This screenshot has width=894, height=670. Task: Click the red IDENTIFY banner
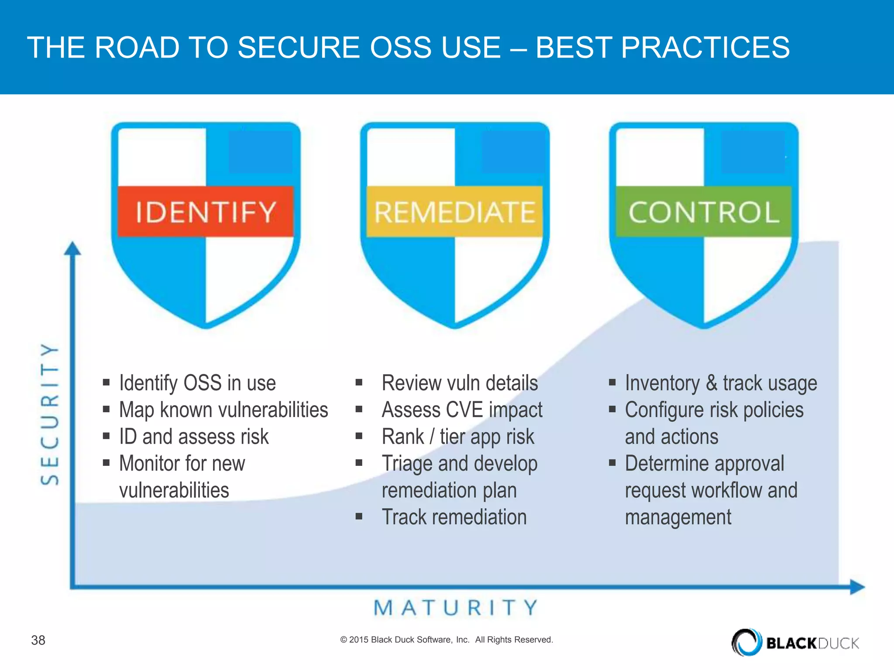206,212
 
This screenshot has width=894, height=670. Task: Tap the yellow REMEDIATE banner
454,212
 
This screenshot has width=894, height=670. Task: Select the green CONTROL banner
703,212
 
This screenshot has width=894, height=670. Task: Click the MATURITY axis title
456,608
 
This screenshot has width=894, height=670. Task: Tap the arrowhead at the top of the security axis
72,249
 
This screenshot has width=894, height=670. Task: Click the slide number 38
38,640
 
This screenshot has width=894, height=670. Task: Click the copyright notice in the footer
447,639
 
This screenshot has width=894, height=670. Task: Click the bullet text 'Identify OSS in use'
197,383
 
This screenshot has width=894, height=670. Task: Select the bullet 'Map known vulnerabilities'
223,410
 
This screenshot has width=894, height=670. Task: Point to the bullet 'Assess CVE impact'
462,410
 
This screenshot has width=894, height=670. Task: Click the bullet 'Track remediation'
454,517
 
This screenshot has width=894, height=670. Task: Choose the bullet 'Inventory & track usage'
721,383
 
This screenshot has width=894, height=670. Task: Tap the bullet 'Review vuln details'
460,383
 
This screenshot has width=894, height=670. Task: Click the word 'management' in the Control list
678,517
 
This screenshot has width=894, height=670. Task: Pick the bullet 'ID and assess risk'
194,437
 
